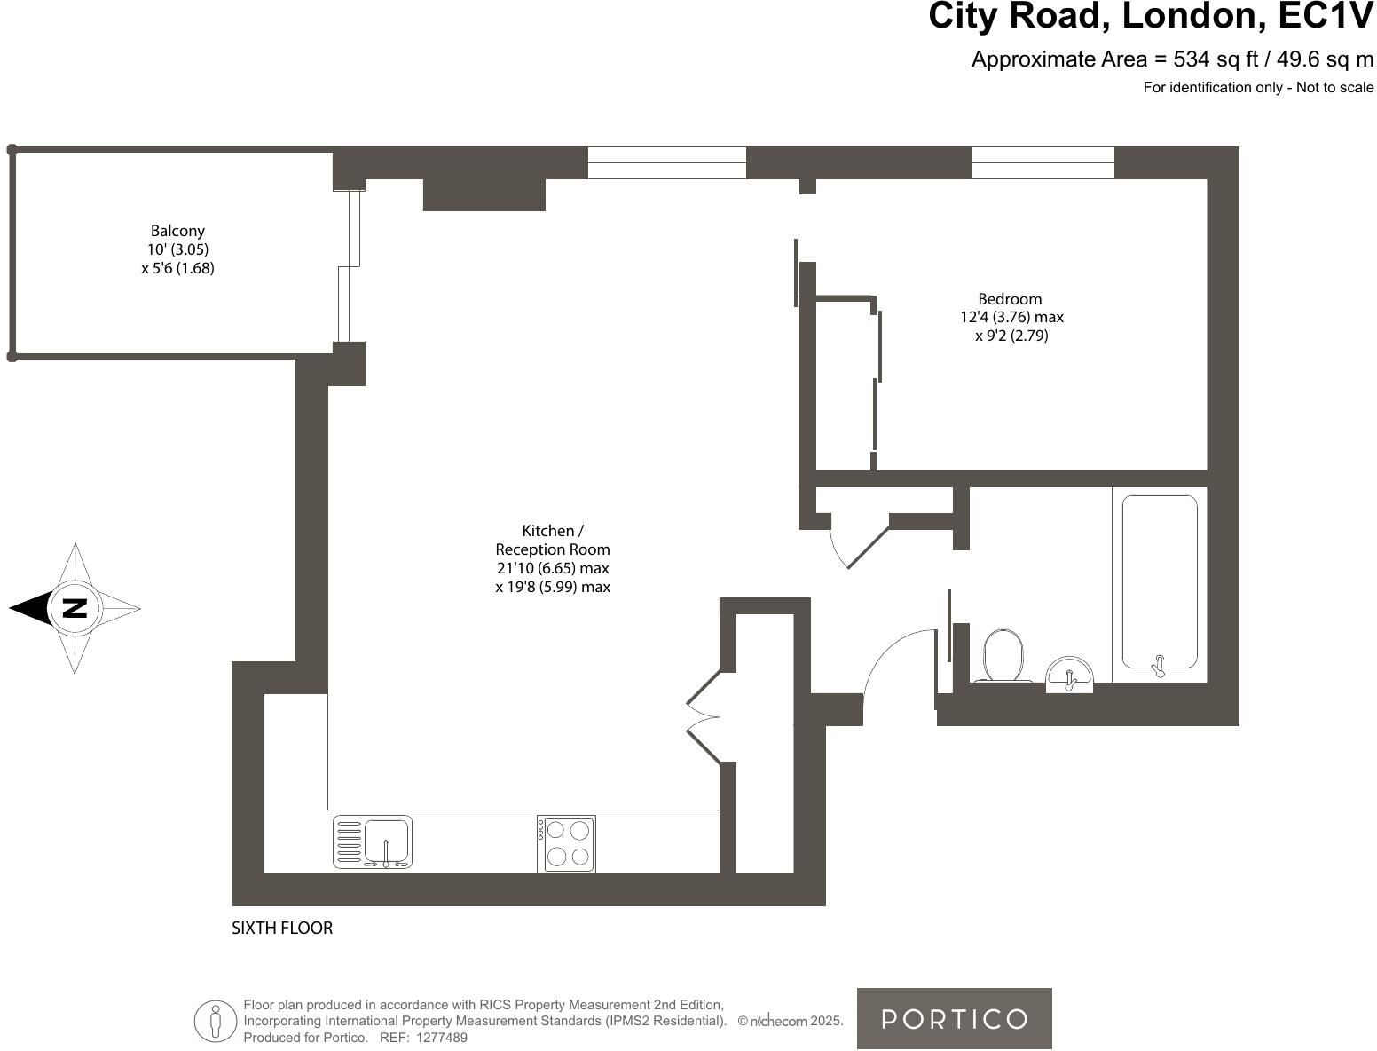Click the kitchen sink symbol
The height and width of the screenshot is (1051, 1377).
pos(373,842)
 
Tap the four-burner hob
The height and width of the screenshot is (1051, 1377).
pos(567,843)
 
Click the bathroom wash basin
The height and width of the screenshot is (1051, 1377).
pos(1069,675)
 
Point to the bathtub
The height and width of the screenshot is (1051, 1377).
pos(1159,582)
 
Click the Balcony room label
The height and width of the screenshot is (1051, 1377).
pos(177,231)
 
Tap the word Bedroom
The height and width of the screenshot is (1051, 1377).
pos(1010,299)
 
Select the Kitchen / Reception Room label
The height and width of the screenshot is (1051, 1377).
pos(552,540)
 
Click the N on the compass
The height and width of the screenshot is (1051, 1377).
pos(75,608)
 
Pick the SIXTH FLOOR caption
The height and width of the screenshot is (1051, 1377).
pos(282,929)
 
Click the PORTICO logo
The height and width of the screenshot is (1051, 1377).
pos(954,1018)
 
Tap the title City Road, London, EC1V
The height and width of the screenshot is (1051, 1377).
pos(1150,18)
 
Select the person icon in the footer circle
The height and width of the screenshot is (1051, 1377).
pos(215,1021)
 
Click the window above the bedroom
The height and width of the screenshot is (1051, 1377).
pos(1043,162)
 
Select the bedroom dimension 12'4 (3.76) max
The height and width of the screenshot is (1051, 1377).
pos(1011,317)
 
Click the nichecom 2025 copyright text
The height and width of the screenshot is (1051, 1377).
pos(790,1022)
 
